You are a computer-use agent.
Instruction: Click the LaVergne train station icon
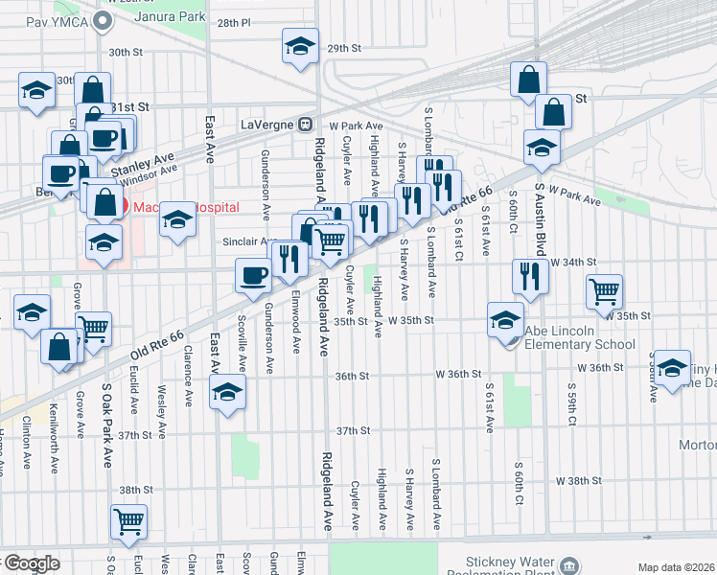(x=305, y=124)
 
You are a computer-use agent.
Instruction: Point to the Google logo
(x=31, y=563)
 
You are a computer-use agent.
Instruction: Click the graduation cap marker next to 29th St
(x=300, y=44)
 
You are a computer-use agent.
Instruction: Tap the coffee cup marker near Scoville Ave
(x=254, y=275)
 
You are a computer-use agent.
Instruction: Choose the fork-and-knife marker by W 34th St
(x=530, y=275)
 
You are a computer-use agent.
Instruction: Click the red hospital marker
(x=111, y=206)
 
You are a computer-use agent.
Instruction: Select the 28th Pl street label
(x=233, y=22)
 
